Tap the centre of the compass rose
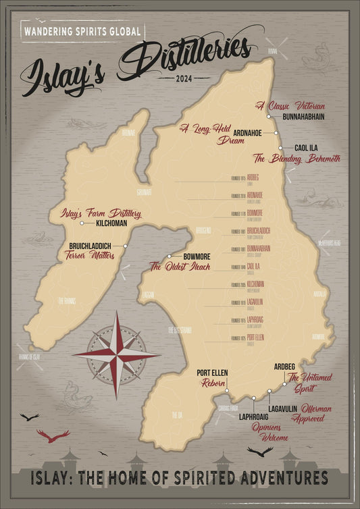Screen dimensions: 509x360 coord(116,354)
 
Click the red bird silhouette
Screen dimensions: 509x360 coord(53,436)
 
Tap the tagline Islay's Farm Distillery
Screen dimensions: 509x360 coord(101,213)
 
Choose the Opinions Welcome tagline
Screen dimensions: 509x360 coord(266,431)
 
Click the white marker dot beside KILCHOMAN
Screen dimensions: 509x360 coord(82,223)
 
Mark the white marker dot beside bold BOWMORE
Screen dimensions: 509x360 coord(169,257)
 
